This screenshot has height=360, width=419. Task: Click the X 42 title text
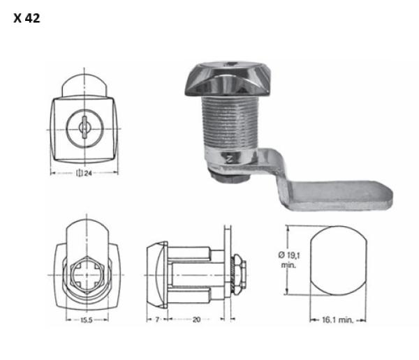[x=27, y=18]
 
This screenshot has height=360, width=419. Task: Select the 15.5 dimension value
[x=87, y=320]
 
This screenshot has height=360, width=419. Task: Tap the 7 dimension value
[x=157, y=319]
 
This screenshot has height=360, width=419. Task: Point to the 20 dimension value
[x=196, y=319]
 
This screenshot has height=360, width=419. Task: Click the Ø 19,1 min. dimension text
[x=289, y=260]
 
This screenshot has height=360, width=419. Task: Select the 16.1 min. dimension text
[x=338, y=320]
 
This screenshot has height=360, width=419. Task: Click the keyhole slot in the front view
[x=84, y=128]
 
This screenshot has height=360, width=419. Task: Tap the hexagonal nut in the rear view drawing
[x=87, y=275]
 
